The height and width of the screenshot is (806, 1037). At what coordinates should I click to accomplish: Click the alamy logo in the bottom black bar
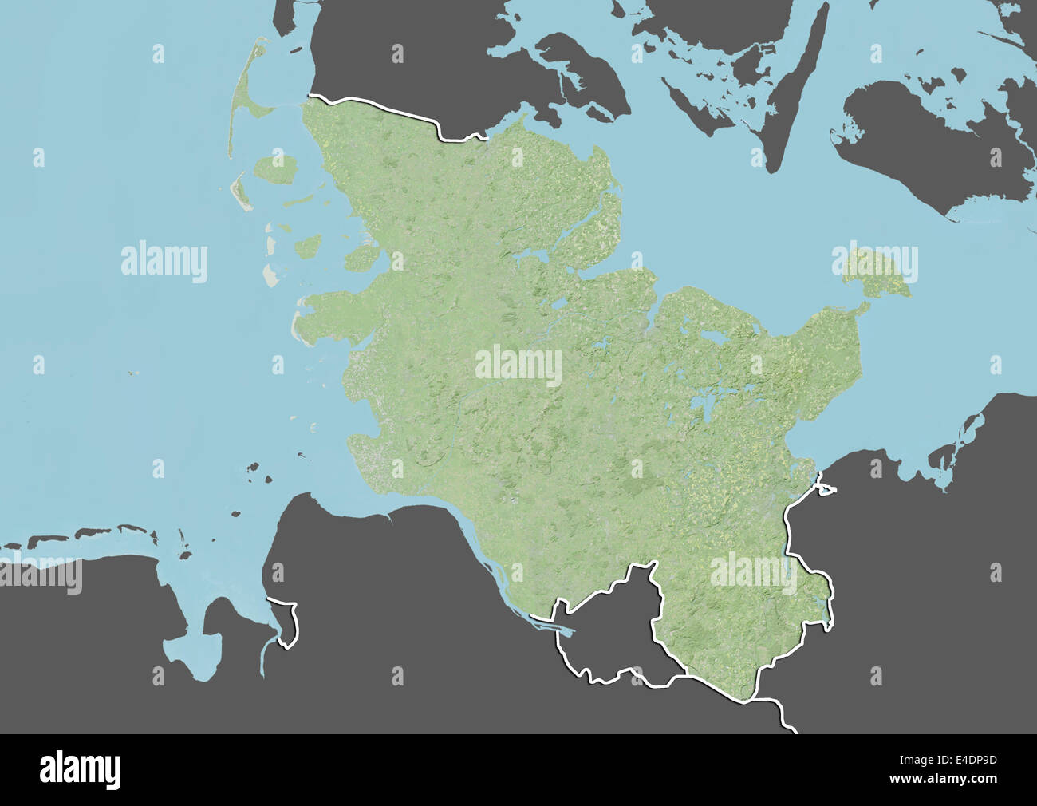tap(80, 769)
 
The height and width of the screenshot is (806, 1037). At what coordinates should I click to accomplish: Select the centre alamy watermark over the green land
tap(518, 365)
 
